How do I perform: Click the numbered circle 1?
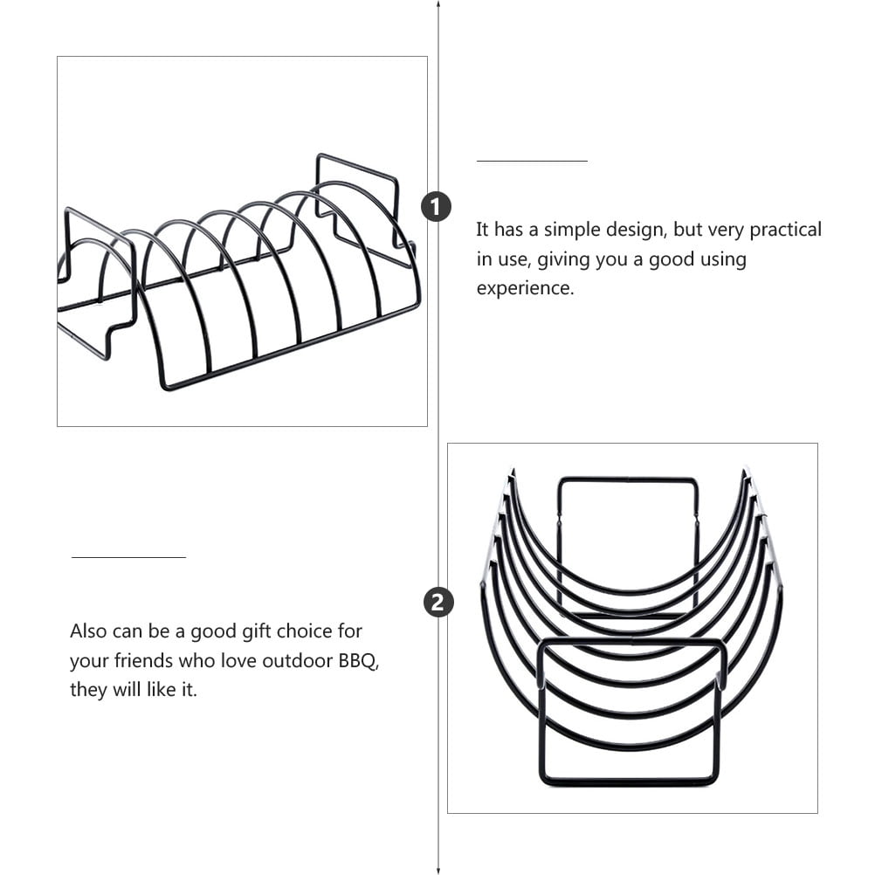point(436,206)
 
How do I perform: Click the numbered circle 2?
point(438,603)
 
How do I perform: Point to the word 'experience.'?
point(525,288)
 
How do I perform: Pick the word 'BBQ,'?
point(359,661)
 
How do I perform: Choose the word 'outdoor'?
point(298,661)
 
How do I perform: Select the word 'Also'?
point(88,631)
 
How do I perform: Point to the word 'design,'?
point(637,230)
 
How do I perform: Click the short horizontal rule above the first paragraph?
point(532,161)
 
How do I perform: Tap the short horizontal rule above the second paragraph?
point(128,557)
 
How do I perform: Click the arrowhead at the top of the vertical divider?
point(438,3)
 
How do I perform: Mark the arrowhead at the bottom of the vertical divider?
point(438,871)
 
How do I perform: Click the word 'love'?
point(239,661)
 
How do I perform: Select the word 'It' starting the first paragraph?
point(483,230)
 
